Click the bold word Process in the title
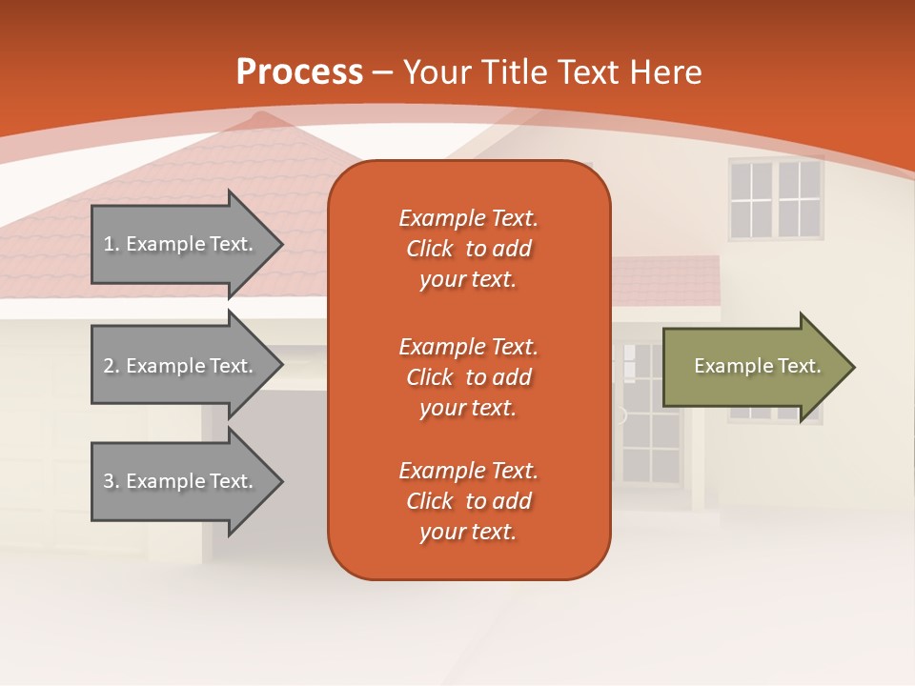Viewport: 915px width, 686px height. coord(299,72)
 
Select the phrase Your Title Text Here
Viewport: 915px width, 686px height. coord(553,72)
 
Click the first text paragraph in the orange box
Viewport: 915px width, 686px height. coord(468,249)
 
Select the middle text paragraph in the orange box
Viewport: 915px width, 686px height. coord(468,376)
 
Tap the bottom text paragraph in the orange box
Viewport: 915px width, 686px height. coord(468,501)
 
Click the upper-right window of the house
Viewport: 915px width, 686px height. coord(775,199)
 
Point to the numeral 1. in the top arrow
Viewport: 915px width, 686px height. coord(112,244)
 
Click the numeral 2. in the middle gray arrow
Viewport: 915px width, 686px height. coord(112,366)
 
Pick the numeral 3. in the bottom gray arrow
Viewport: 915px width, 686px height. coord(112,481)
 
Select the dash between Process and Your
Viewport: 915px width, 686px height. coord(383,72)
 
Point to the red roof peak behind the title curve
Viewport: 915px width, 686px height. coord(255,120)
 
